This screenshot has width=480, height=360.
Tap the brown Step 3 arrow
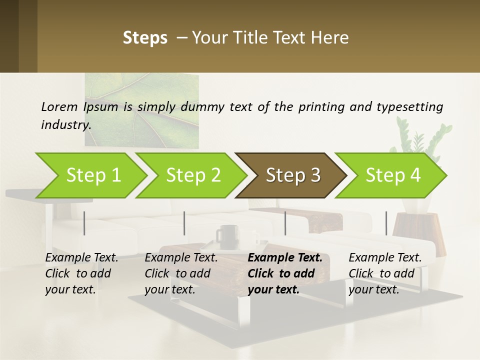(x=293, y=175)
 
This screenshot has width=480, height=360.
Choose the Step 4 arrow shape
(x=393, y=175)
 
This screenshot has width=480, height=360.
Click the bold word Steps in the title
(x=145, y=37)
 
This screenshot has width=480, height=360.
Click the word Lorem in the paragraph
(x=59, y=106)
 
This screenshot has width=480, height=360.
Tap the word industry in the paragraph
(x=65, y=124)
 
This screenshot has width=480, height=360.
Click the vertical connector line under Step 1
(x=84, y=223)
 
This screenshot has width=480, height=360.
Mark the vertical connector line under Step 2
(x=184, y=223)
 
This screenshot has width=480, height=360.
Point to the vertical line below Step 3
(x=285, y=223)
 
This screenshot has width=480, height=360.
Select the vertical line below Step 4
(x=386, y=223)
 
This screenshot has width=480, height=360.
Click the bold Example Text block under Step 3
(x=284, y=273)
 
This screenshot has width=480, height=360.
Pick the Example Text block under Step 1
(x=81, y=273)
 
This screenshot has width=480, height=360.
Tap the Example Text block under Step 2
(x=180, y=273)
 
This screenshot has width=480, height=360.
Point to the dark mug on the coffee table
(x=227, y=236)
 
